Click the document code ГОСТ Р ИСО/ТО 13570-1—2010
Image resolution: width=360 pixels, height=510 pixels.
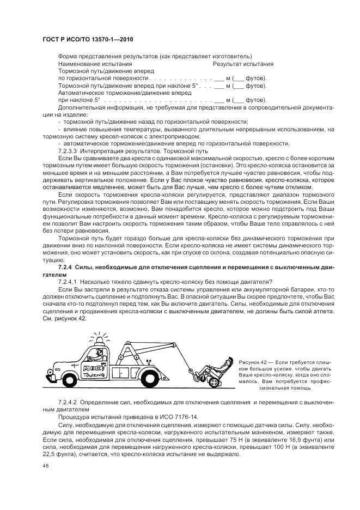pyautogui.click(x=88, y=40)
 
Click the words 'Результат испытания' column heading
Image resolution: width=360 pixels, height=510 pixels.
pyautogui.click(x=243, y=64)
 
